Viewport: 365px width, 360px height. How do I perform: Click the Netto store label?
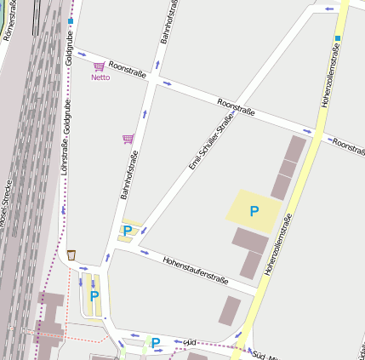pyautogui.click(x=100, y=77)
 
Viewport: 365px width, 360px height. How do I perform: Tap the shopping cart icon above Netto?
pyautogui.click(x=100, y=66)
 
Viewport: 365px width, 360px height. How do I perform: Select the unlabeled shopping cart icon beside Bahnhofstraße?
pyautogui.click(x=128, y=139)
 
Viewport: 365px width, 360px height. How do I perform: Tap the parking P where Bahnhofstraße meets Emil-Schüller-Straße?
pyautogui.click(x=128, y=231)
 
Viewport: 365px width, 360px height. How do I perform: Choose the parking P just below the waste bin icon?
pyautogui.click(x=94, y=295)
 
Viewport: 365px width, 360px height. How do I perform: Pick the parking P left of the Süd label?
pyautogui.click(x=156, y=343)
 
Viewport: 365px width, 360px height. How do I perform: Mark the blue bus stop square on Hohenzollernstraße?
pyautogui.click(x=338, y=38)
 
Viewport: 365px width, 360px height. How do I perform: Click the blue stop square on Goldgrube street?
pyautogui.click(x=71, y=20)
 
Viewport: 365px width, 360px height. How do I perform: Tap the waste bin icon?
pyautogui.click(x=71, y=254)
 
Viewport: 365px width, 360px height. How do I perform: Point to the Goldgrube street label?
pyautogui.click(x=68, y=43)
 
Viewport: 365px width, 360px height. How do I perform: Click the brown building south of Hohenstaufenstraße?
pyautogui.click(x=230, y=309)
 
